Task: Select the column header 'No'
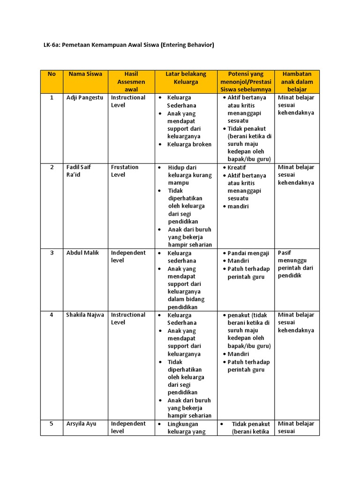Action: coord(52,74)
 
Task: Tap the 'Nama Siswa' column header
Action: coord(85,74)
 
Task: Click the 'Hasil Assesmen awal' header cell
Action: coord(131,82)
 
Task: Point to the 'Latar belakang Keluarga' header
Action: coord(186,78)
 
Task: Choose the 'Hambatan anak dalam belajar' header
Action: coord(297,82)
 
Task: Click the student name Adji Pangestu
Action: coord(84,97)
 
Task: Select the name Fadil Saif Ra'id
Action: coord(79,171)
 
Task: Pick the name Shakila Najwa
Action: coord(85,315)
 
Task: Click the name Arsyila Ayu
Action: coord(81,423)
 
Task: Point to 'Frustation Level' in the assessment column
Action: coord(125,171)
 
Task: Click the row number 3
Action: coord(52,253)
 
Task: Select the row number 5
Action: coord(52,423)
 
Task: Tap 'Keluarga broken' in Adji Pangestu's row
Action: coord(189,144)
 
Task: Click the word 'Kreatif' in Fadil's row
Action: coord(237,167)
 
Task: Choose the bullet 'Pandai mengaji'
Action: coord(248,253)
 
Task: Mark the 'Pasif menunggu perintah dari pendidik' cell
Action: coord(296,264)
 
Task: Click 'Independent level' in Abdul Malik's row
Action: coord(128,256)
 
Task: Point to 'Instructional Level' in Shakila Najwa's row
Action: coord(128,318)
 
